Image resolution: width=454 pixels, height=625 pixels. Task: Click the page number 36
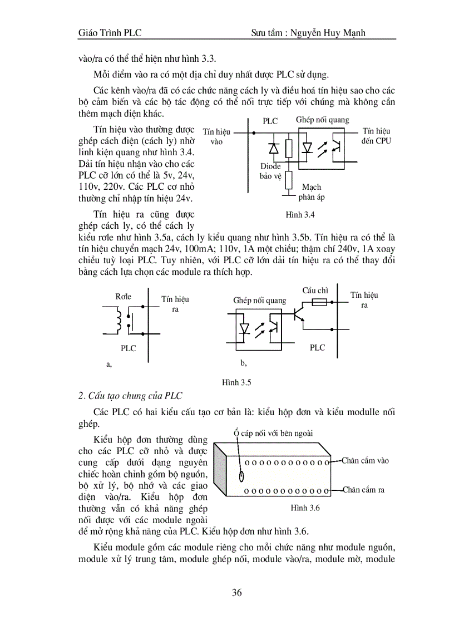point(236,592)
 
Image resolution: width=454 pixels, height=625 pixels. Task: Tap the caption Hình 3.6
point(305,508)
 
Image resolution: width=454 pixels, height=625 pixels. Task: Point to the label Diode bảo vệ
point(271,171)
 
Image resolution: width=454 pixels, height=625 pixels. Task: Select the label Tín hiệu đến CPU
point(376,136)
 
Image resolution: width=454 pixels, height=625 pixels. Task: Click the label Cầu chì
point(315,291)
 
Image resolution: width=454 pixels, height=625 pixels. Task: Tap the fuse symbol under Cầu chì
point(319,302)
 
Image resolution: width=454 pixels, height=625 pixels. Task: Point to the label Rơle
point(124,297)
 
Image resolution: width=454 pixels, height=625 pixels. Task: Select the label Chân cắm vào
point(365,460)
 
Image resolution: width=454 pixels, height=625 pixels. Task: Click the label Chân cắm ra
point(363,490)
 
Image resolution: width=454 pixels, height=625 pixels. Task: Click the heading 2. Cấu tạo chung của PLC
point(131,396)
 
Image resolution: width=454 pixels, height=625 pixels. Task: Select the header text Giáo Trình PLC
point(110,33)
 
